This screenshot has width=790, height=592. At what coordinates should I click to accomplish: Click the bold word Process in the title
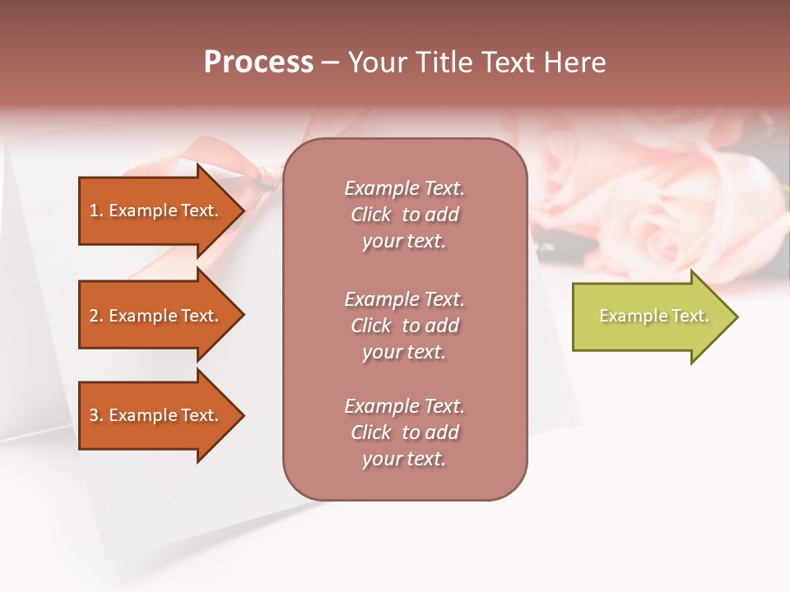[258, 62]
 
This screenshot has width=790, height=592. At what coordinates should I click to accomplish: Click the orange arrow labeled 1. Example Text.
[156, 210]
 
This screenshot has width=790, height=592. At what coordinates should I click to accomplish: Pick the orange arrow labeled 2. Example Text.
[156, 316]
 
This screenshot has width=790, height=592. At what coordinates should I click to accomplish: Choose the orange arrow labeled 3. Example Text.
[156, 415]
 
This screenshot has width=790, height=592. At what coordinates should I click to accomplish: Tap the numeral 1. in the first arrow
[96, 210]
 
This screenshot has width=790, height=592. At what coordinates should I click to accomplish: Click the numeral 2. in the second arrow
[96, 316]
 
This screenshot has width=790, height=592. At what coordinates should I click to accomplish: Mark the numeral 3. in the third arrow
[96, 415]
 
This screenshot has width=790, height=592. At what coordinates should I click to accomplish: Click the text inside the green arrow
[653, 316]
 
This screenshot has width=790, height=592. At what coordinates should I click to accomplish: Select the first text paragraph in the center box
[404, 215]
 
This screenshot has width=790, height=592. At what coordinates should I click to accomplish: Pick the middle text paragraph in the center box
[404, 326]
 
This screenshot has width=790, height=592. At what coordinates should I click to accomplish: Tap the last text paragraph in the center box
[404, 432]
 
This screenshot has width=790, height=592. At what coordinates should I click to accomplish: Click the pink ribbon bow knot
[266, 175]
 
